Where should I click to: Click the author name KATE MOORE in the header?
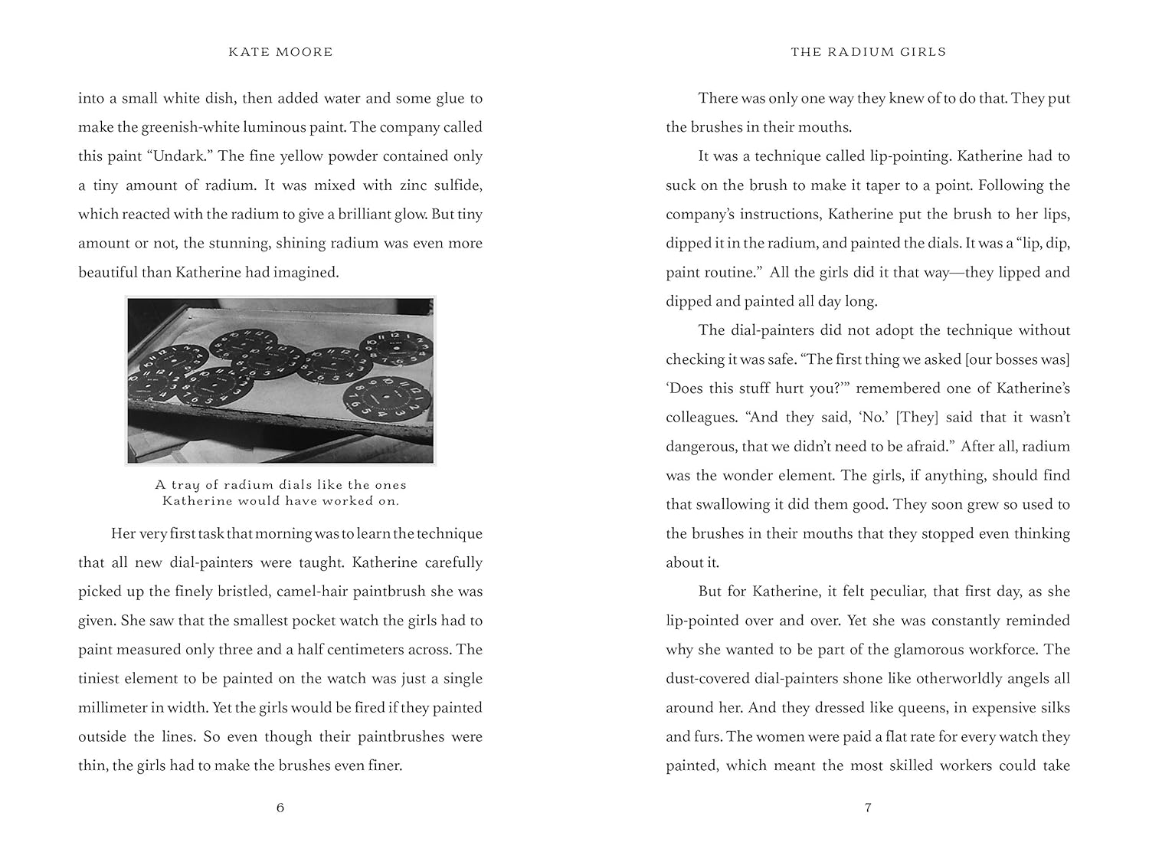[x=281, y=52]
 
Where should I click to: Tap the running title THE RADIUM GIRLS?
[x=868, y=52]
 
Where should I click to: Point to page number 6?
[x=280, y=808]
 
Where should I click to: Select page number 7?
[x=868, y=808]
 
